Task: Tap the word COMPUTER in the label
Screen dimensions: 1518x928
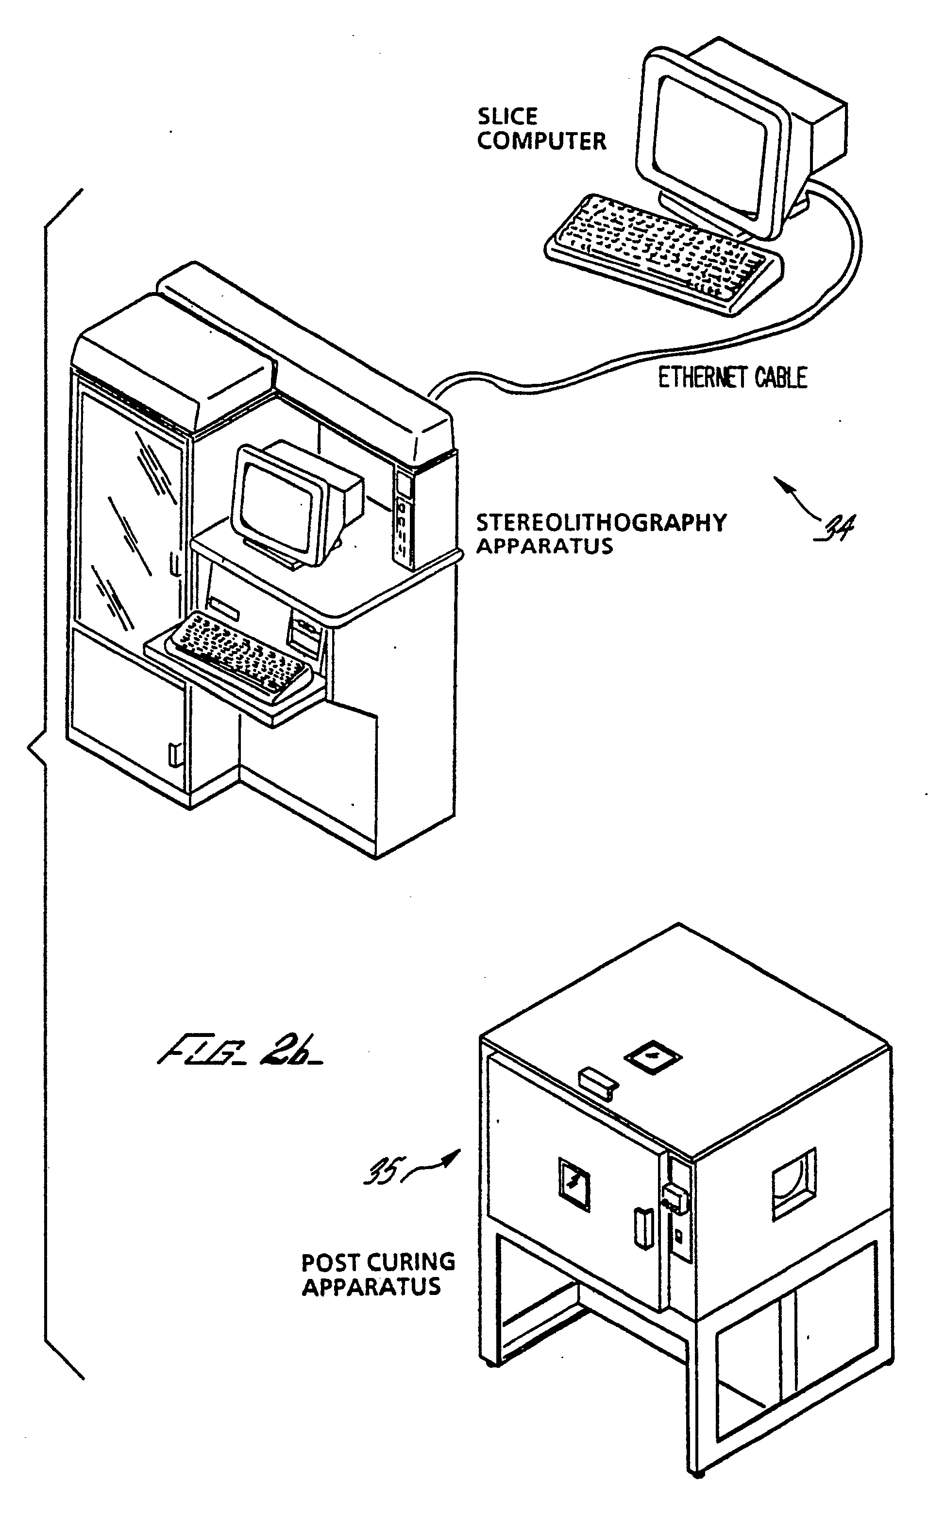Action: coord(541,141)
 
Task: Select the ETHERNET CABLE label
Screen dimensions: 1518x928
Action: coord(732,378)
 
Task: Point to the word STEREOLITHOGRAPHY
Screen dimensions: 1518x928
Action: coord(601,523)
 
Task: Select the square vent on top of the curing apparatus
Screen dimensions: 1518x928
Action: coord(653,1057)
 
